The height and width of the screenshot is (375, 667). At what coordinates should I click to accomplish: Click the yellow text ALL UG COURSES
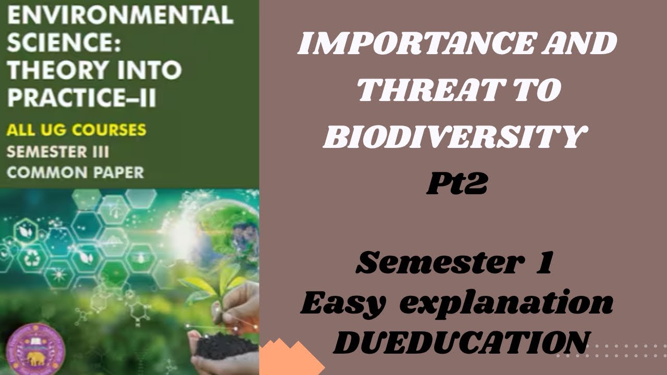(76, 130)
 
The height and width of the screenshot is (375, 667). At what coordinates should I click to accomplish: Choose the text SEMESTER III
(58, 152)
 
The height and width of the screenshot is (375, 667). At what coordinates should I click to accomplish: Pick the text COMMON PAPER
(75, 172)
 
